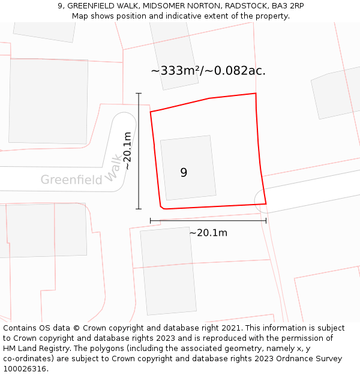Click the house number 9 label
click(184, 173)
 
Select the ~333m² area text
click(175, 71)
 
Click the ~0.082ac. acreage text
click(235, 71)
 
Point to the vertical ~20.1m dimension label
click(127, 151)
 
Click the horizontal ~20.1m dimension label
click(208, 233)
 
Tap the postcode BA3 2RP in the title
click(287, 6)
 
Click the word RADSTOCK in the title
click(245, 6)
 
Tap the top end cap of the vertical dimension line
click(139, 94)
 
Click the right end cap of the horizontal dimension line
click(266, 221)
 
